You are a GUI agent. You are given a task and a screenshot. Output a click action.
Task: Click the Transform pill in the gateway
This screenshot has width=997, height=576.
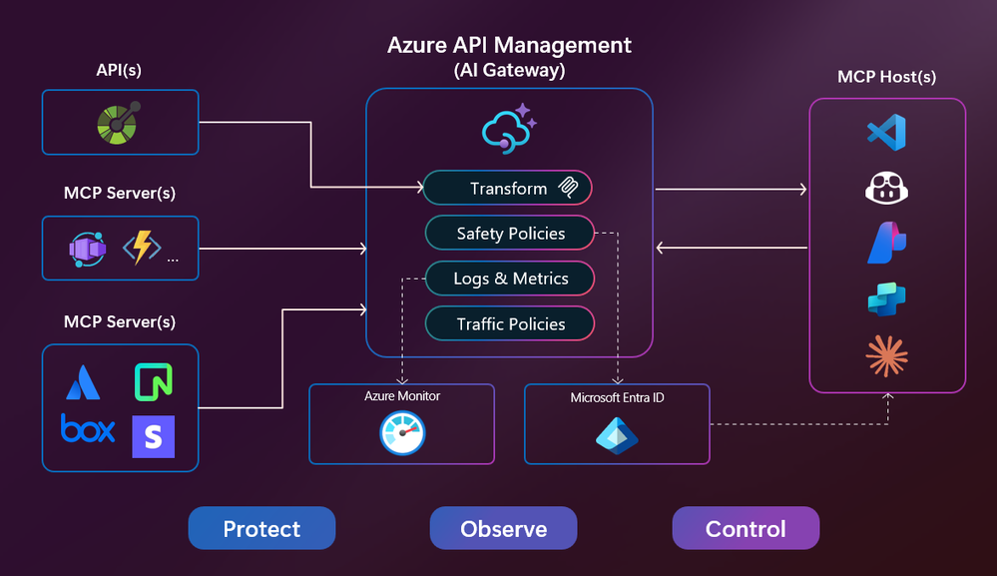507,188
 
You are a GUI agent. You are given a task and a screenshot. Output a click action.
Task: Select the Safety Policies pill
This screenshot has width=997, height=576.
510,234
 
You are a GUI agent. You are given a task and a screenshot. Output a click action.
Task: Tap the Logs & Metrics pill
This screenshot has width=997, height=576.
510,279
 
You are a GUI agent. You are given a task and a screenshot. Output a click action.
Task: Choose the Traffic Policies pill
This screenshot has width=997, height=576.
510,323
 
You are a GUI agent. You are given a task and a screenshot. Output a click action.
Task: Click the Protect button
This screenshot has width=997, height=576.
261,528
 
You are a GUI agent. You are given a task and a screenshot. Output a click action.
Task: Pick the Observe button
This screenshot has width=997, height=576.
503,528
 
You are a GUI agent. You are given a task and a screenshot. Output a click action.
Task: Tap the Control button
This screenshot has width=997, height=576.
746,528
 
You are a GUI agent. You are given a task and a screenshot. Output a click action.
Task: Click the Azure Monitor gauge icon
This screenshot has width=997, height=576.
402,432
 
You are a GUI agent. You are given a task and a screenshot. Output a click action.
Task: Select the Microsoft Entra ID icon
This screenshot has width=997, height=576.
617,434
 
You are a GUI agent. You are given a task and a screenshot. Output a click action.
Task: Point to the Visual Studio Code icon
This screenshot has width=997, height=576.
886,133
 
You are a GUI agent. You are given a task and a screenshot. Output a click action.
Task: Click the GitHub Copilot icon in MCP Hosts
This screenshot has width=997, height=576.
886,189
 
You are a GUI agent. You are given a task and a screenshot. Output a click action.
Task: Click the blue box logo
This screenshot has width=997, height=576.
88,428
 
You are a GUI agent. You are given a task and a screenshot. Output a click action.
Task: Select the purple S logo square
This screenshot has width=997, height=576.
153,437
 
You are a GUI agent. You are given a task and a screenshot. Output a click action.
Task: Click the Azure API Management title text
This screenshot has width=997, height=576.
509,45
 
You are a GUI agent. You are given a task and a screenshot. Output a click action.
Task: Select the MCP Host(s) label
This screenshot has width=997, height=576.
887,77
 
